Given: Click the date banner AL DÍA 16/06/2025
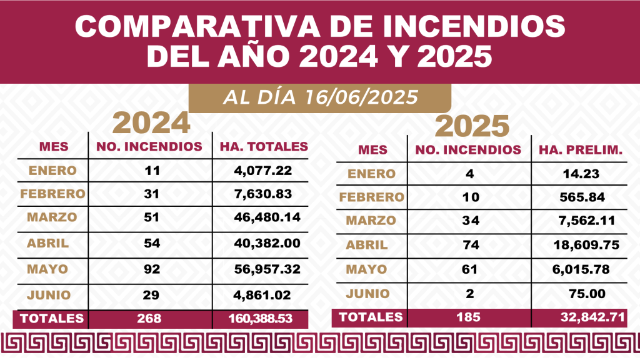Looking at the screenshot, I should click(x=319, y=98).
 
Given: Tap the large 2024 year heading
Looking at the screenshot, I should click(x=151, y=123).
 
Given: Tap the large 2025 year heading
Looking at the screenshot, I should click(x=472, y=127).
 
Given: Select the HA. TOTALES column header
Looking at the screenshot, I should click(x=264, y=147).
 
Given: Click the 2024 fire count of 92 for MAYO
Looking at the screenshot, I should click(x=152, y=269).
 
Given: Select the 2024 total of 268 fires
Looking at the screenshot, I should click(x=151, y=319).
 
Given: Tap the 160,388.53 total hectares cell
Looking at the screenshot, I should click(x=261, y=319).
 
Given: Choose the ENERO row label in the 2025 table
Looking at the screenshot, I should click(x=371, y=174).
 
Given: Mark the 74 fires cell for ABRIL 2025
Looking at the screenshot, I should click(x=471, y=245).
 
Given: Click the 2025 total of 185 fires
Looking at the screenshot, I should click(x=469, y=317).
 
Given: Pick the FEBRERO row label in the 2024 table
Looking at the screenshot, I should click(x=52, y=194).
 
